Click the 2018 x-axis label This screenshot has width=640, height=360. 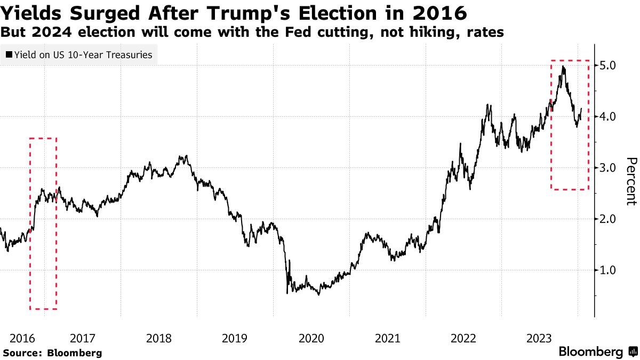[158, 338]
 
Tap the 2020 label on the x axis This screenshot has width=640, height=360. [311, 338]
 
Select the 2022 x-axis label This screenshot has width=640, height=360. [463, 338]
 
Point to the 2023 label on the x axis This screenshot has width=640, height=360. [540, 338]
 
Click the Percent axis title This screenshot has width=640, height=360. [631, 181]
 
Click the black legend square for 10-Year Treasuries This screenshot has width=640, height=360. [9, 54]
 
